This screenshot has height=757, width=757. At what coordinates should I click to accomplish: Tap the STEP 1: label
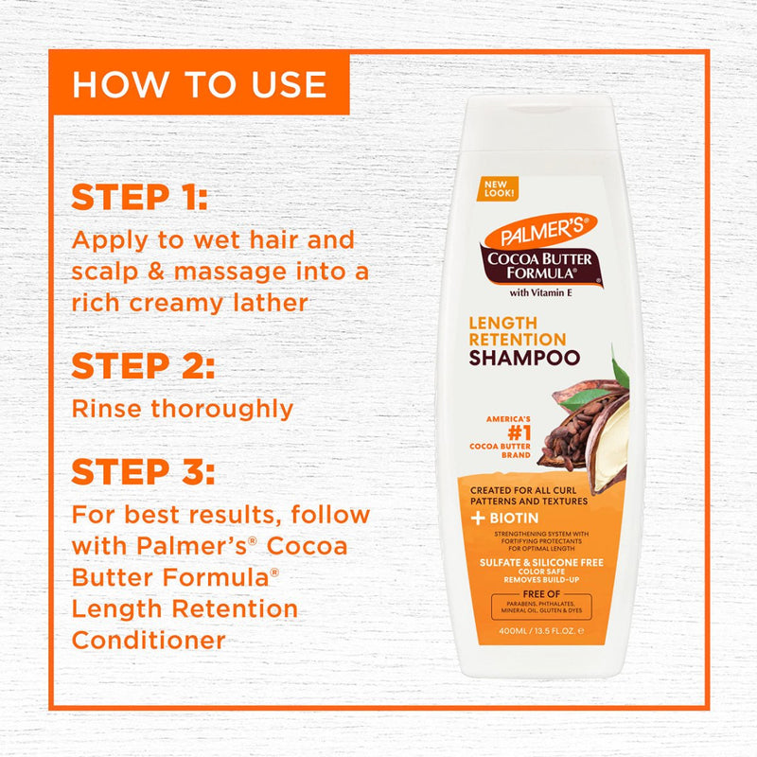[x=139, y=199]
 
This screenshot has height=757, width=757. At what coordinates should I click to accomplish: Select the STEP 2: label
[x=143, y=365]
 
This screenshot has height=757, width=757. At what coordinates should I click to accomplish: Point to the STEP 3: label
[x=143, y=470]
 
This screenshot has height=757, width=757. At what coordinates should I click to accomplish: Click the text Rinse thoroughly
[x=183, y=409]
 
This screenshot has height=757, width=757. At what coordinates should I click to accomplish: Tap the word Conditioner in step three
[x=149, y=641]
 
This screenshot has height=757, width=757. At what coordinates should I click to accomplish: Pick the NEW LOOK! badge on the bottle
[x=499, y=186]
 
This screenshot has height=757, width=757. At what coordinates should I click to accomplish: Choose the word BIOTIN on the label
[x=515, y=518]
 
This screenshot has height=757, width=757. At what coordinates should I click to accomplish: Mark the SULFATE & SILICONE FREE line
[x=537, y=562]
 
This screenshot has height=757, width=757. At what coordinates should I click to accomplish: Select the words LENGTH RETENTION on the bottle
[x=518, y=331]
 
